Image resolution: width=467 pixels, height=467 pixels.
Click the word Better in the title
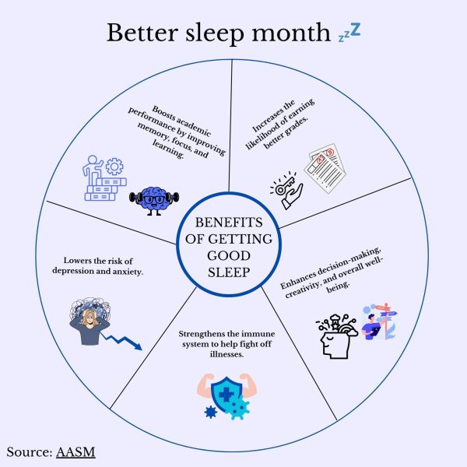142,33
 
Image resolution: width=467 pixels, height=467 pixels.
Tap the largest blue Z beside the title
356,30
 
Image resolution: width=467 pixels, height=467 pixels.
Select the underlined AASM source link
75,452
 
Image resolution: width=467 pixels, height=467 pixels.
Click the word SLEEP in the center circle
229,272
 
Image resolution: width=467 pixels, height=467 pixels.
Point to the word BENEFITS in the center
229,223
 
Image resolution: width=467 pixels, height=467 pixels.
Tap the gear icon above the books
114,167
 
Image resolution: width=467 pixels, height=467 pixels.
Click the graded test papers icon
325,168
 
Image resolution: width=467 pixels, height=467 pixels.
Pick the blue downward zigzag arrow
122,342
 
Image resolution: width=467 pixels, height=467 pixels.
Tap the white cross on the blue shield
226,395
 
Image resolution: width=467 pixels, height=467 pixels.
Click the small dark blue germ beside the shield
211,413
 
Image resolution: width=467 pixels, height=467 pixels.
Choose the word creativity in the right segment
301,290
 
